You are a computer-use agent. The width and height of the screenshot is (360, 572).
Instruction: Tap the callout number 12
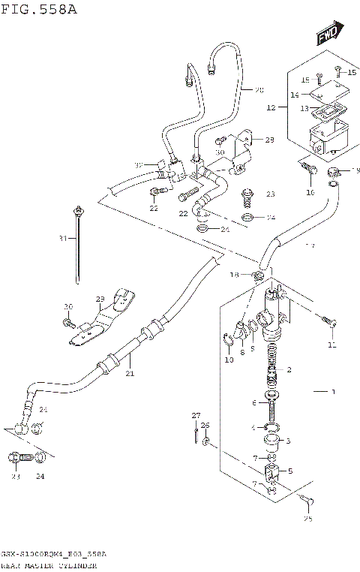coord(271,108)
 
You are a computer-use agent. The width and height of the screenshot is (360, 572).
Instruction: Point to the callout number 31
coord(64,239)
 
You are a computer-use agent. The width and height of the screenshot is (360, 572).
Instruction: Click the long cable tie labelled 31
coord(78,244)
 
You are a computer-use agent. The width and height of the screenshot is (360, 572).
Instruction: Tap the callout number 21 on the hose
coord(129,373)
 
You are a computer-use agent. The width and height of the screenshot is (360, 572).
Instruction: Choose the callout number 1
coord(334,392)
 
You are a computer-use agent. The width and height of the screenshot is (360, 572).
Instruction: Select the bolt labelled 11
coord(328,321)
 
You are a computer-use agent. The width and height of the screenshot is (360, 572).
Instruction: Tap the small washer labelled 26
coord(206,441)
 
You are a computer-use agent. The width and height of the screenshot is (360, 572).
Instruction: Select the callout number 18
coord(234,275)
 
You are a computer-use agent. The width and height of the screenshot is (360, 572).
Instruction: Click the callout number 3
coord(287,441)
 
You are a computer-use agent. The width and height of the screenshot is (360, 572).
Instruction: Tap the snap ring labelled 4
coord(274,428)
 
